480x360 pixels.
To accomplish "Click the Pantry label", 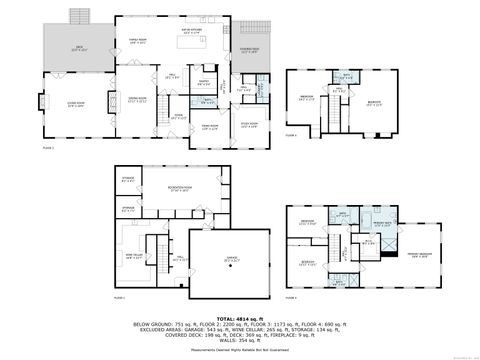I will click(x=203, y=83).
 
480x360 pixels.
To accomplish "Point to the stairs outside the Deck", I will click(x=78, y=17).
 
